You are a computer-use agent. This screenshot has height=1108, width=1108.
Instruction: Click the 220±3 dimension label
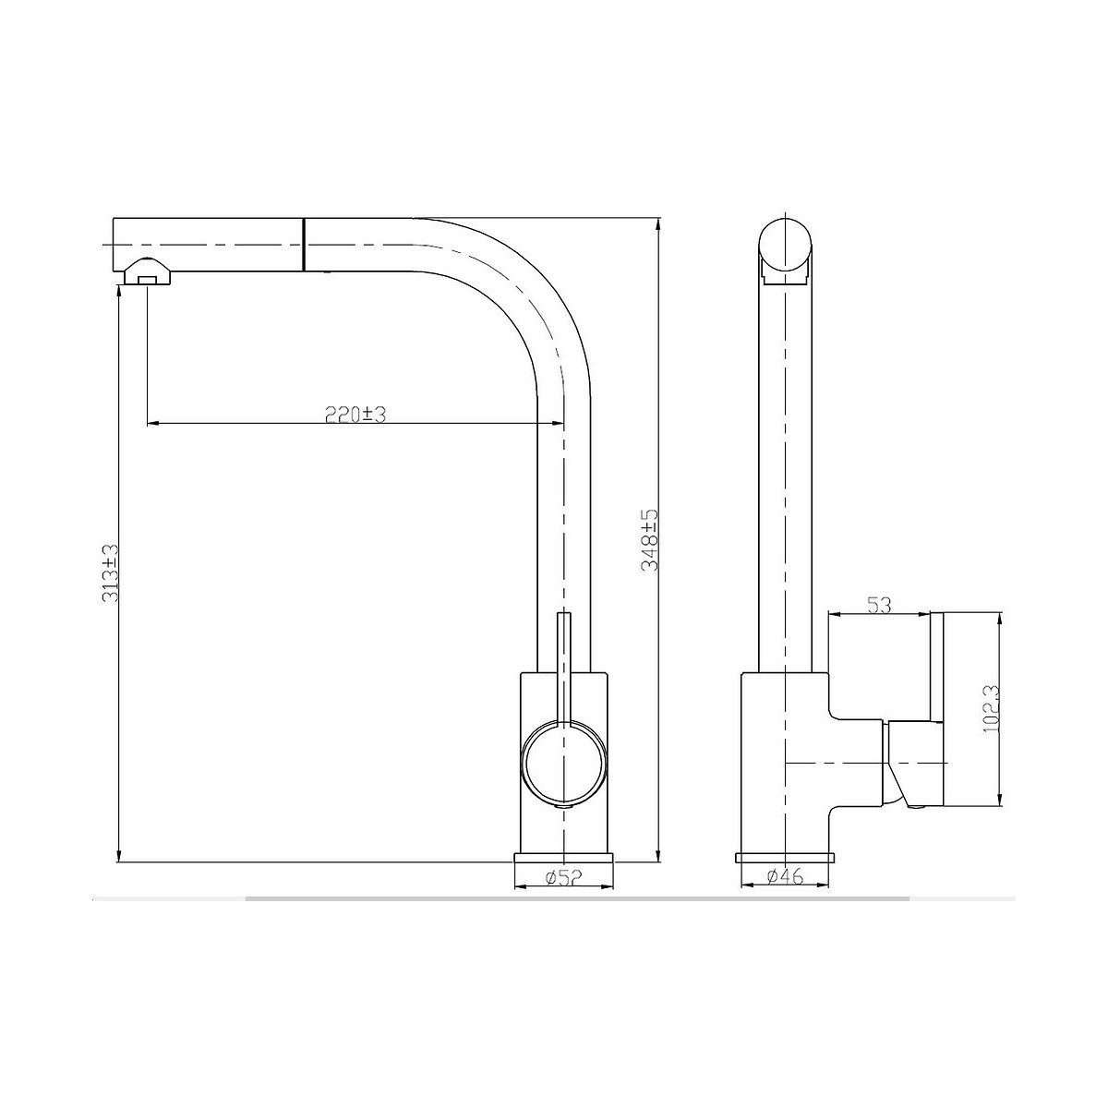pyautogui.click(x=355, y=414)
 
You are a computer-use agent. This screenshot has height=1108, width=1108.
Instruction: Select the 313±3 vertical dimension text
pyautogui.click(x=111, y=573)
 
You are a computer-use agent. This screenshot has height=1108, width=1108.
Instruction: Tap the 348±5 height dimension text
pyautogui.click(x=649, y=540)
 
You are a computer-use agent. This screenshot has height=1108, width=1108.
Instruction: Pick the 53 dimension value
pyautogui.click(x=879, y=606)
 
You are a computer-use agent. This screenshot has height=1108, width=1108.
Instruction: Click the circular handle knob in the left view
pyautogui.click(x=563, y=765)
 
